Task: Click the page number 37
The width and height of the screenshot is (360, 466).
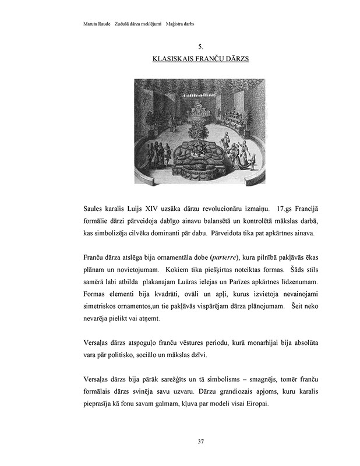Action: pos(200,442)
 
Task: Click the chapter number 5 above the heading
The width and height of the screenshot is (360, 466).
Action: pos(200,46)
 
